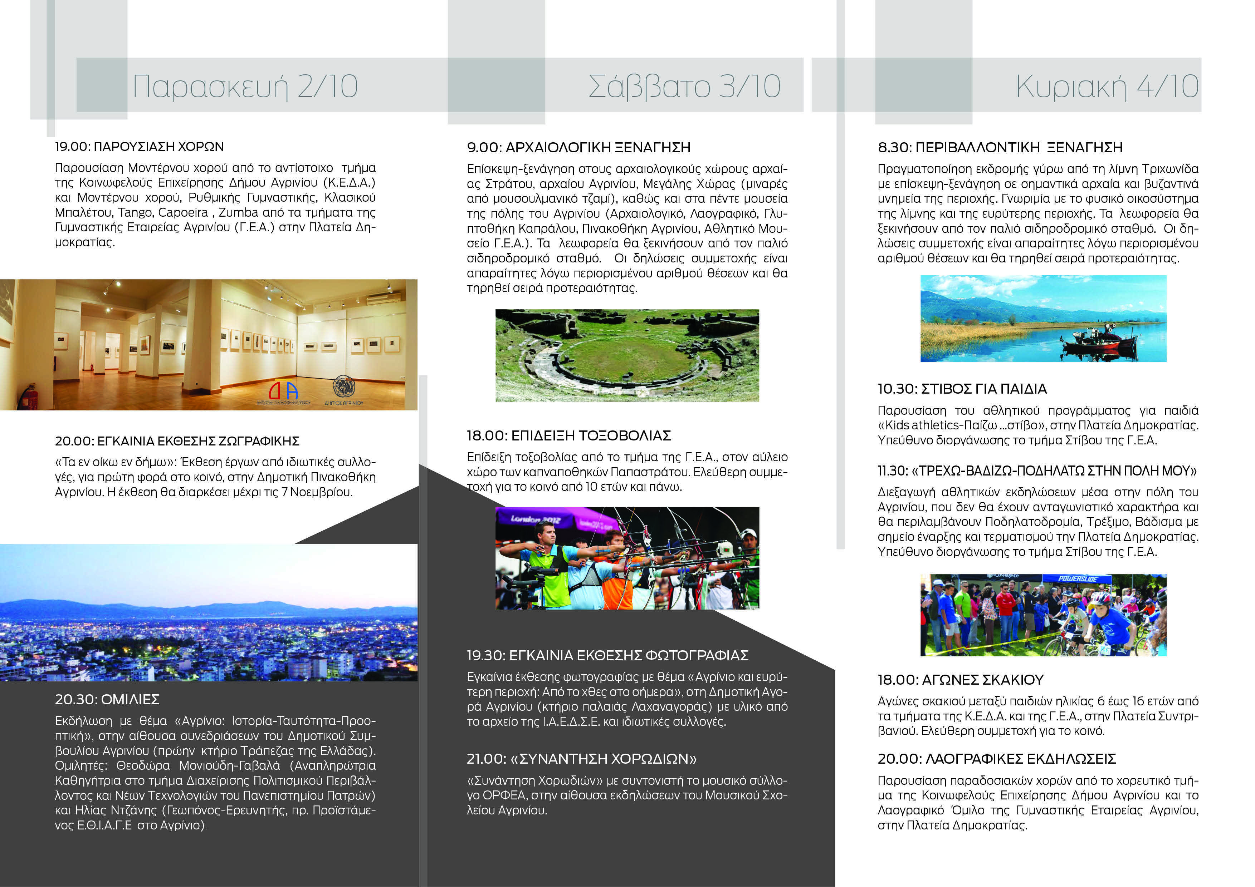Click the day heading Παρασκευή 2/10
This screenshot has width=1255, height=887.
tap(245, 86)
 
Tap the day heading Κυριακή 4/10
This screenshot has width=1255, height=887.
tap(1107, 86)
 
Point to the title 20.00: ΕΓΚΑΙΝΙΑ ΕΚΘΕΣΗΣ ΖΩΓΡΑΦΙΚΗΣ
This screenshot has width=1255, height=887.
tap(177, 441)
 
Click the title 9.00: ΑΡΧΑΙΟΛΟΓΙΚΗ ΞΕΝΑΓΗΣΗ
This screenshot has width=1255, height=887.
tap(578, 147)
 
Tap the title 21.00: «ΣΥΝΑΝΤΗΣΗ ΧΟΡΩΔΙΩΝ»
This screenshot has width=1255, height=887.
tap(582, 759)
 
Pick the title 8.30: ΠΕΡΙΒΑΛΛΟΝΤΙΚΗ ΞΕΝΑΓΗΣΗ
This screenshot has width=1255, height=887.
tap(1000, 147)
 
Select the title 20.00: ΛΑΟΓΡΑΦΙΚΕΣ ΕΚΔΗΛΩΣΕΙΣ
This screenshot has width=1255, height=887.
tap(996, 759)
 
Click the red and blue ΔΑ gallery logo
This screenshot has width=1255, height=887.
tap(284, 390)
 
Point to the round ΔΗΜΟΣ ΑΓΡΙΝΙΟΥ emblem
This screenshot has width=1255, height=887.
tap(344, 387)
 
